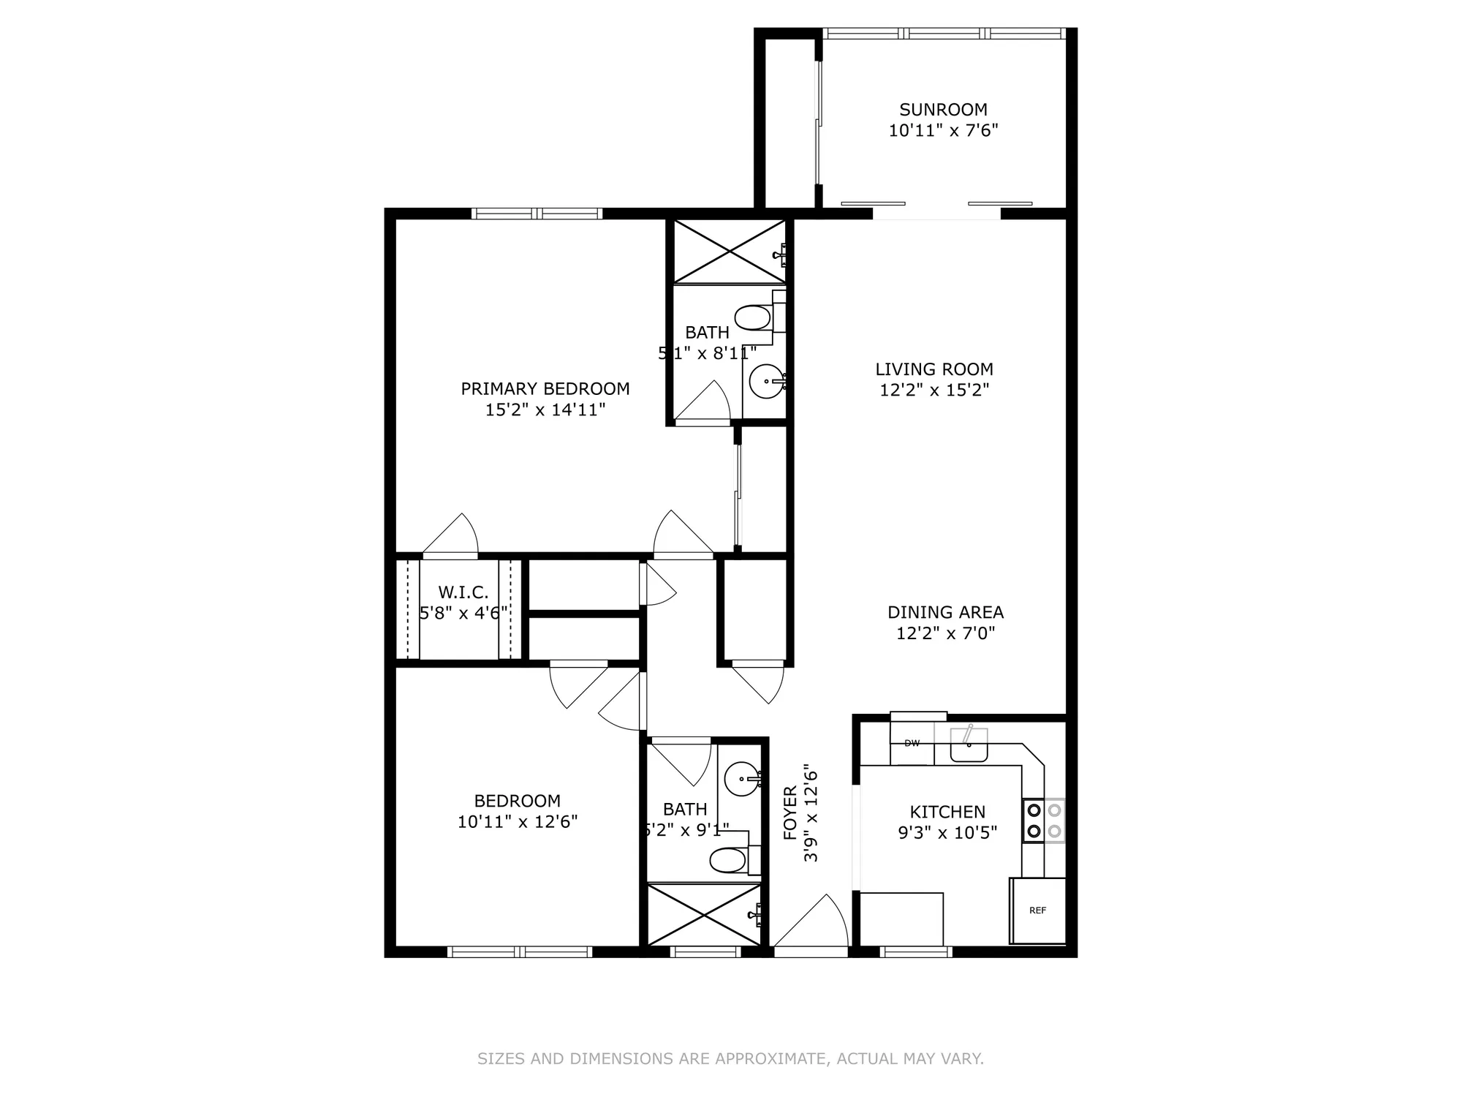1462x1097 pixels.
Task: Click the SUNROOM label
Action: (x=943, y=110)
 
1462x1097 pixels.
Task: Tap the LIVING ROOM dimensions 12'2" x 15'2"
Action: (x=934, y=390)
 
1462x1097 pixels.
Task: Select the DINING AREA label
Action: (x=945, y=612)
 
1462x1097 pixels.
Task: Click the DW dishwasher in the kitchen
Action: (x=912, y=744)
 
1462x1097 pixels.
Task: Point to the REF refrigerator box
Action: (x=1037, y=911)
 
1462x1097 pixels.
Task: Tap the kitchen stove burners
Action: (x=1043, y=821)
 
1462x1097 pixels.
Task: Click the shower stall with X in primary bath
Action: (x=729, y=251)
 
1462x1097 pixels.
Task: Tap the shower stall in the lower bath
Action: (x=704, y=915)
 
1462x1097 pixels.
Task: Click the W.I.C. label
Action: (x=463, y=592)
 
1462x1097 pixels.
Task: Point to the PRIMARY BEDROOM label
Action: (x=545, y=388)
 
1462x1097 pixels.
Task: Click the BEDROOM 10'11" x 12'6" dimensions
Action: (x=518, y=822)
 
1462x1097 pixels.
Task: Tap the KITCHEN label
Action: (x=947, y=812)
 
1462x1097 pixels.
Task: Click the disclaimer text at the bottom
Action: (x=730, y=1058)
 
